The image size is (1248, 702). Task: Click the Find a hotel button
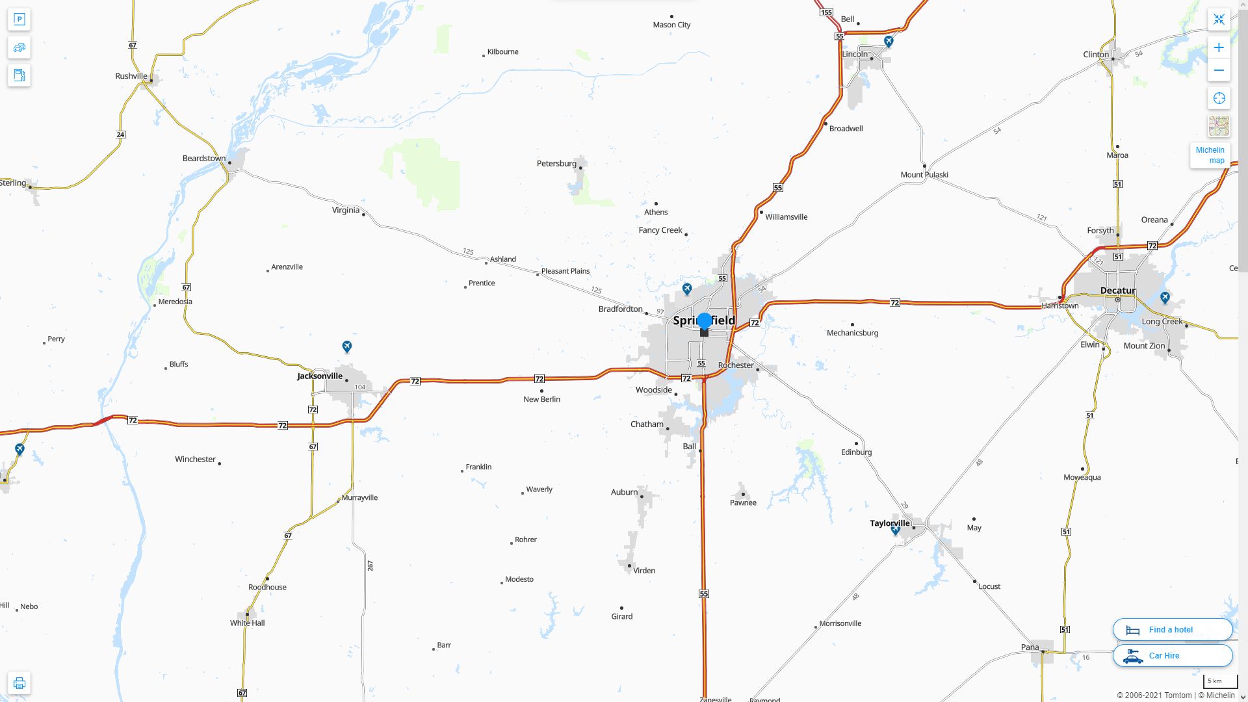(1172, 629)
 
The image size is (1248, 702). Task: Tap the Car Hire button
(1172, 655)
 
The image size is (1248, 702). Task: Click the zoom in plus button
(1219, 47)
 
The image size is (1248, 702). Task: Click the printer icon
(19, 682)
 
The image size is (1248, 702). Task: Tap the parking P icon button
(19, 19)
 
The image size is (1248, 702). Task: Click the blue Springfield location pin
(704, 321)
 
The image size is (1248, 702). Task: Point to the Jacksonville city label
(319, 376)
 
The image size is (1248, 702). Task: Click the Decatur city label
(1117, 290)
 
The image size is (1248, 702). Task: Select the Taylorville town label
(889, 523)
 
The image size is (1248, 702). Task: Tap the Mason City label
(671, 25)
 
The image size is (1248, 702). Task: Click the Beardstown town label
(203, 158)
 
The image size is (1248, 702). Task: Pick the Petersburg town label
(556, 163)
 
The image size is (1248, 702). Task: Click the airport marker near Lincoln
(889, 42)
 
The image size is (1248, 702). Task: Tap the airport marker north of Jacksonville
(347, 346)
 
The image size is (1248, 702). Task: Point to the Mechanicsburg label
(852, 333)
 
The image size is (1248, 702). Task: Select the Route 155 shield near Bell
(826, 12)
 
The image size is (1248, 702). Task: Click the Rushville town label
(131, 76)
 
